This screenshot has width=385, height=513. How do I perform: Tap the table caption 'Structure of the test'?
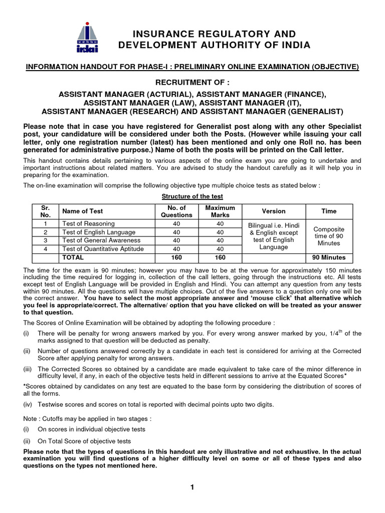click(x=192, y=196)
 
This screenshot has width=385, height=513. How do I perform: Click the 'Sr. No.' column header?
click(x=45, y=211)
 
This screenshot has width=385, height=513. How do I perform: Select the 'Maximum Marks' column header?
click(x=220, y=211)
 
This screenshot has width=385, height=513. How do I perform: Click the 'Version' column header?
click(x=274, y=211)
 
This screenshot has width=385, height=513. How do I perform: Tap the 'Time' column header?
click(x=329, y=211)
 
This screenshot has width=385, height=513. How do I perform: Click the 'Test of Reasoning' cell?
click(x=88, y=223)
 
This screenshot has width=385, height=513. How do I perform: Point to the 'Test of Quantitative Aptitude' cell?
click(x=102, y=249)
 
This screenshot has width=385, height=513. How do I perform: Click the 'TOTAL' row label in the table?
click(x=73, y=258)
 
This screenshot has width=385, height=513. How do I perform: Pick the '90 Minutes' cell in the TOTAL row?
click(x=329, y=258)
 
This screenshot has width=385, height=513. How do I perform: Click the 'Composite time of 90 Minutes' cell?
click(x=329, y=236)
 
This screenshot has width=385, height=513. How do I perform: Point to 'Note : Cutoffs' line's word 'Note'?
click(x=32, y=418)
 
